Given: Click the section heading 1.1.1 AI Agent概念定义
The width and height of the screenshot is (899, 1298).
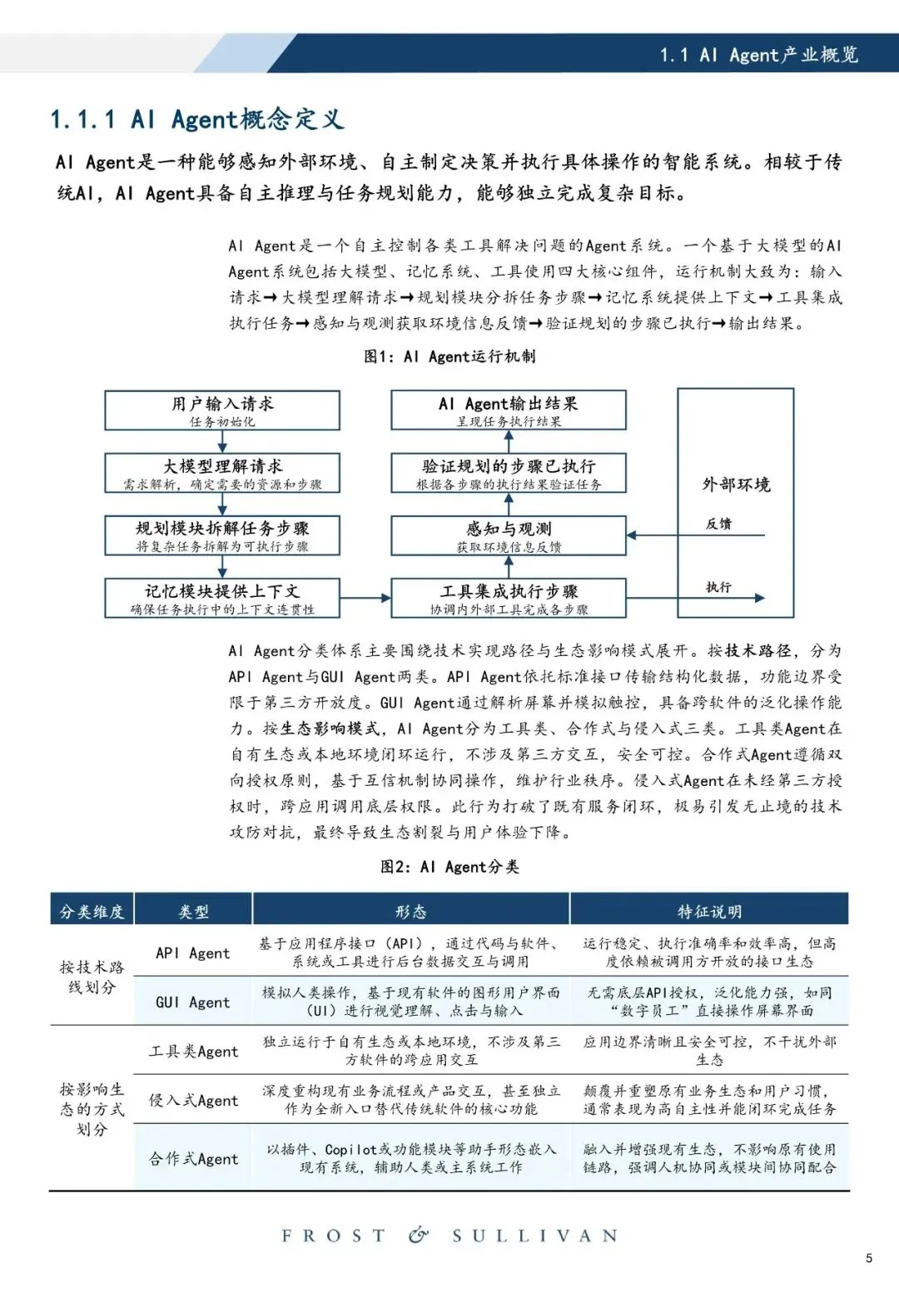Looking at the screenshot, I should (x=196, y=120).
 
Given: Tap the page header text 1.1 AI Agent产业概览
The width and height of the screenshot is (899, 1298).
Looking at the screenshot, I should (x=758, y=55).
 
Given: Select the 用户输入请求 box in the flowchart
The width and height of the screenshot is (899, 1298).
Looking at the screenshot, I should (x=222, y=410).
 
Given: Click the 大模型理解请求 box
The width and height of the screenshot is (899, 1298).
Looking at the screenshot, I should (x=222, y=473).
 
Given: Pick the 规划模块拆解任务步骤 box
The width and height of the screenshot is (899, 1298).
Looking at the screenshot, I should (x=222, y=535).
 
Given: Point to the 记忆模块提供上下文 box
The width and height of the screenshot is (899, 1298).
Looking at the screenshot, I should (x=222, y=598).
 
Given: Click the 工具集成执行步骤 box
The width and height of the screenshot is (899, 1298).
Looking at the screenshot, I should (x=509, y=598).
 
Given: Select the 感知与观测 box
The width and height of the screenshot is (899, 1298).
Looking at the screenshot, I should (x=509, y=535).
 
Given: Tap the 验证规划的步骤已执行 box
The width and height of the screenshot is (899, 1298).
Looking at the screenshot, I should (x=509, y=473).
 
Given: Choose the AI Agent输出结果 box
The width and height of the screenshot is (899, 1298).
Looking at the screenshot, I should (x=509, y=410).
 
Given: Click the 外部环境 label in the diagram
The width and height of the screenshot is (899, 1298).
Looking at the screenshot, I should (x=736, y=485).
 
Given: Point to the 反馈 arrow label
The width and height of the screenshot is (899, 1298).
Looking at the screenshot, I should (x=718, y=524).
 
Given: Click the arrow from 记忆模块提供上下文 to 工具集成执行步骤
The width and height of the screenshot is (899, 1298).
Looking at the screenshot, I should (x=365, y=598).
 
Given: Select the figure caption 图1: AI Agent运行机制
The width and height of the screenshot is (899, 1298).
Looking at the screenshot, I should (x=449, y=356).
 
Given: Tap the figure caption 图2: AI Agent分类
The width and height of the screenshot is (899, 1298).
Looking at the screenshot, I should (x=449, y=867).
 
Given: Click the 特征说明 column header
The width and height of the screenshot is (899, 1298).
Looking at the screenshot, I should (x=709, y=911).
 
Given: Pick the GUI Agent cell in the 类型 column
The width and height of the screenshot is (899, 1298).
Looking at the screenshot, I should (x=192, y=1002).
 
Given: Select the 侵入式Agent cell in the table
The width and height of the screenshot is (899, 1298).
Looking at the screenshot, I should (x=193, y=1101).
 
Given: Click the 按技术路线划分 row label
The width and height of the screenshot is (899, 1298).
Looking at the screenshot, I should (x=92, y=977).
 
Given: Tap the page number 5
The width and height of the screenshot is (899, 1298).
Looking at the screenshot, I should (x=869, y=1258).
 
